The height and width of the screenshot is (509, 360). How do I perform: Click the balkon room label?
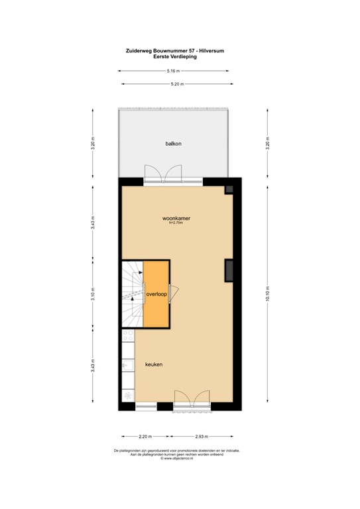click(174, 143)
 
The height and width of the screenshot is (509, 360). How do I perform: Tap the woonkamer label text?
click(176, 217)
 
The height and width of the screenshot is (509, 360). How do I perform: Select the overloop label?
click(156, 294)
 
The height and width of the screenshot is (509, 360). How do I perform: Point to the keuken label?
click(154, 365)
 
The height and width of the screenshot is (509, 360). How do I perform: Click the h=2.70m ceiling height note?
click(176, 223)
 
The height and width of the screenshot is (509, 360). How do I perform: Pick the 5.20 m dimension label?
click(177, 84)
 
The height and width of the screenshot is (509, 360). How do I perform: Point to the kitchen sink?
click(127, 365)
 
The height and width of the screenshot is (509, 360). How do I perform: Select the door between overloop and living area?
click(173, 292)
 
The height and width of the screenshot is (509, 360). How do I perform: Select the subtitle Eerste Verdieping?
click(175, 56)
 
